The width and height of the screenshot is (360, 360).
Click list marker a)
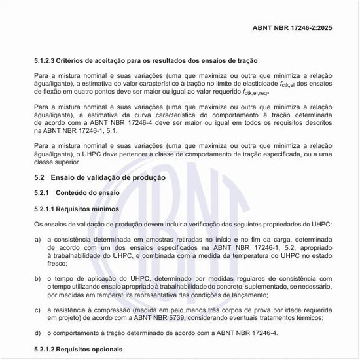click(38, 240)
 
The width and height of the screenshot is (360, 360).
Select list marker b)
click(38, 279)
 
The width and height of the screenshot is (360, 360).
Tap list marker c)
click(38, 310)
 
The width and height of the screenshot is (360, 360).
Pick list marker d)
click(38, 333)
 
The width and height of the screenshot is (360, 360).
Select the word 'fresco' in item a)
click(58, 265)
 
